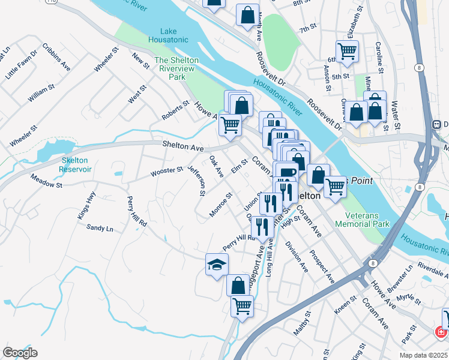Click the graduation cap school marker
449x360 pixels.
[x=217, y=265]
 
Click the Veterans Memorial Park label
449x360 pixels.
[x=367, y=220]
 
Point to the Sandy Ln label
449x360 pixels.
[x=100, y=228]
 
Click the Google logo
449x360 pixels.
[x=20, y=353]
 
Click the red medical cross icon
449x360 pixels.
[x=441, y=332]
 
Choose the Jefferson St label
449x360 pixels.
[x=197, y=181]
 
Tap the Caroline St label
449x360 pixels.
[x=379, y=54]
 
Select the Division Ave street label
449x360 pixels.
[x=297, y=257]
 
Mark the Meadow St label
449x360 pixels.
[x=46, y=184]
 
